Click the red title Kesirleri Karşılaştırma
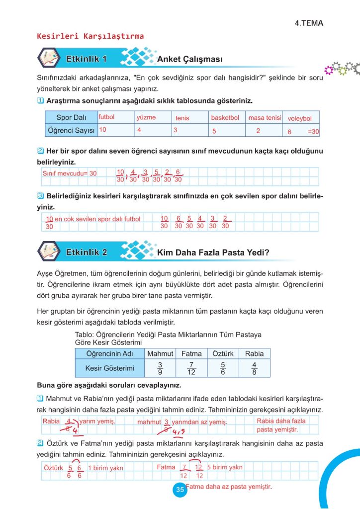pos(90,36)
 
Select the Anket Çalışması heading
pos(189,60)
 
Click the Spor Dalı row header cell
pos(71,118)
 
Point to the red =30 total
pos(313,132)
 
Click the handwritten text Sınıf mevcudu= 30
pos(70,173)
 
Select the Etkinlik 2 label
pos(87,252)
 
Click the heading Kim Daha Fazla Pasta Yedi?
pos(213,253)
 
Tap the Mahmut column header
pos(160,353)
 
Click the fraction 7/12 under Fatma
pos(191,368)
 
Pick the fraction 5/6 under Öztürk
pos(222,368)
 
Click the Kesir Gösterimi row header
pos(103,368)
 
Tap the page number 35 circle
pos(180,490)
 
